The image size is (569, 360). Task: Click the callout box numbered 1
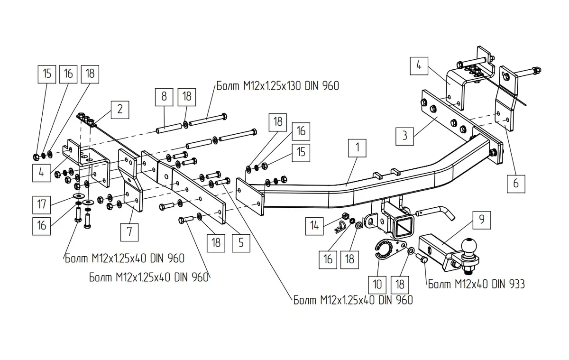[357, 148]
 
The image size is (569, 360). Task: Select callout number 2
[120, 110]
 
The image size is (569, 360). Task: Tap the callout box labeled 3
[404, 136]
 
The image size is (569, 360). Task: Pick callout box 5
[241, 243]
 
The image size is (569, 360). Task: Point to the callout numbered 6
[516, 184]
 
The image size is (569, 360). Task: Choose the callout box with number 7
[129, 232]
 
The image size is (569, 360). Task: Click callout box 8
[164, 97]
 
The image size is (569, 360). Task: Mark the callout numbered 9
[482, 220]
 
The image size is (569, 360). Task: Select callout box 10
[377, 285]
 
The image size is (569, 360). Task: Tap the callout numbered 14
[314, 226]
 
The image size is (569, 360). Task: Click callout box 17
[41, 205]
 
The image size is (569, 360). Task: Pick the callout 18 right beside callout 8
[187, 97]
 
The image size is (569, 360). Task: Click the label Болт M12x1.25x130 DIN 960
[278, 86]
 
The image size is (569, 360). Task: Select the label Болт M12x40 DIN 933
[476, 284]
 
